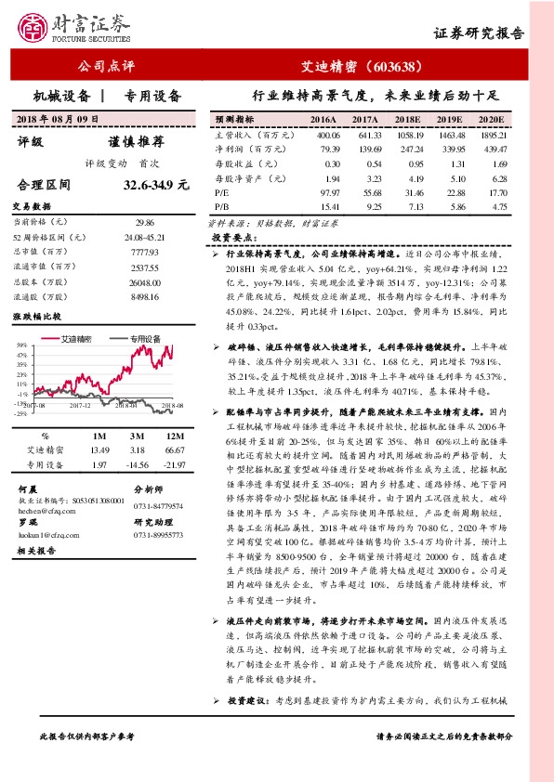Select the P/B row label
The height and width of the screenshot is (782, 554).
click(x=223, y=206)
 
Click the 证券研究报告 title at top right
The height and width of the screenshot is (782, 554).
click(x=479, y=33)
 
